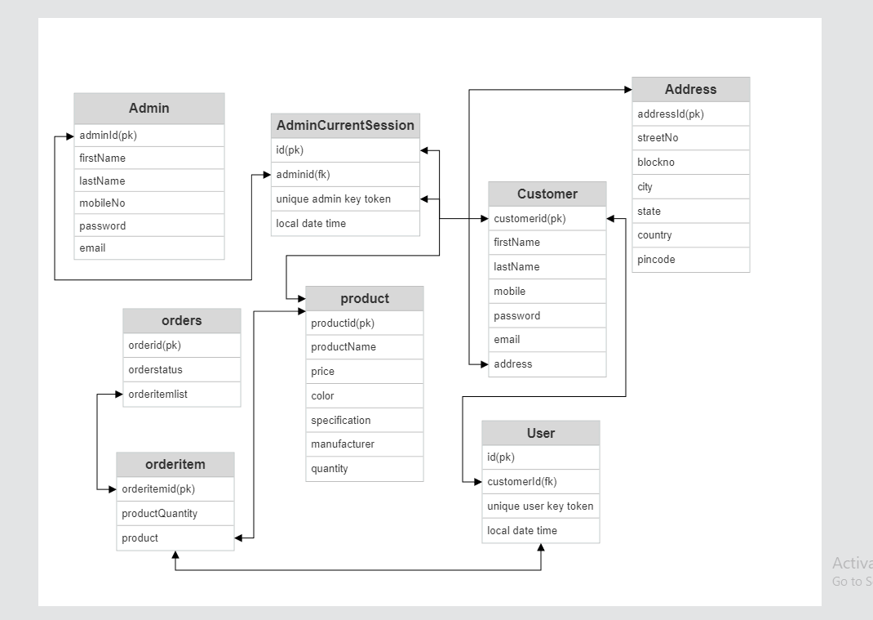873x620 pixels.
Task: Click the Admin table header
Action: click(x=148, y=108)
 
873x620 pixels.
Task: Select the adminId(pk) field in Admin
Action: click(x=148, y=136)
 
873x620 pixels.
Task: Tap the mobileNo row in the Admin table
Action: click(x=148, y=203)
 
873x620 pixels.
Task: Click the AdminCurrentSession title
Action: click(x=345, y=126)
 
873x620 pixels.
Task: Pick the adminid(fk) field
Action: click(x=345, y=174)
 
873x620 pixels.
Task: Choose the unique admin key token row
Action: click(x=345, y=198)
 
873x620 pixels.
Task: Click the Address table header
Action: click(x=690, y=90)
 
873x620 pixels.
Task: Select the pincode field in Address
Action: click(x=690, y=260)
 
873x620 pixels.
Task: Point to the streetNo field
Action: click(x=690, y=138)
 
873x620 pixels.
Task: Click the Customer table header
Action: click(x=547, y=194)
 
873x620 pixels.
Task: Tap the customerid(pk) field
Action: click(x=547, y=218)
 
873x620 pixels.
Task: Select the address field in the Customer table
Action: click(x=547, y=364)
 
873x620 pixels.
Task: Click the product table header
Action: click(x=365, y=298)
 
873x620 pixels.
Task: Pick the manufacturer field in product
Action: click(x=365, y=444)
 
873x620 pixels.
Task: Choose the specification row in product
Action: click(x=365, y=420)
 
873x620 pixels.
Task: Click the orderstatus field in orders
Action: click(x=181, y=369)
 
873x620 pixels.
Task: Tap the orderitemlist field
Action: click(x=181, y=394)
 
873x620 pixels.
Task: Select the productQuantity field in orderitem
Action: click(x=175, y=514)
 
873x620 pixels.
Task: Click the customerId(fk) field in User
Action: click(x=540, y=482)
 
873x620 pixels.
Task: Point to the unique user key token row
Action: click(x=540, y=506)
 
